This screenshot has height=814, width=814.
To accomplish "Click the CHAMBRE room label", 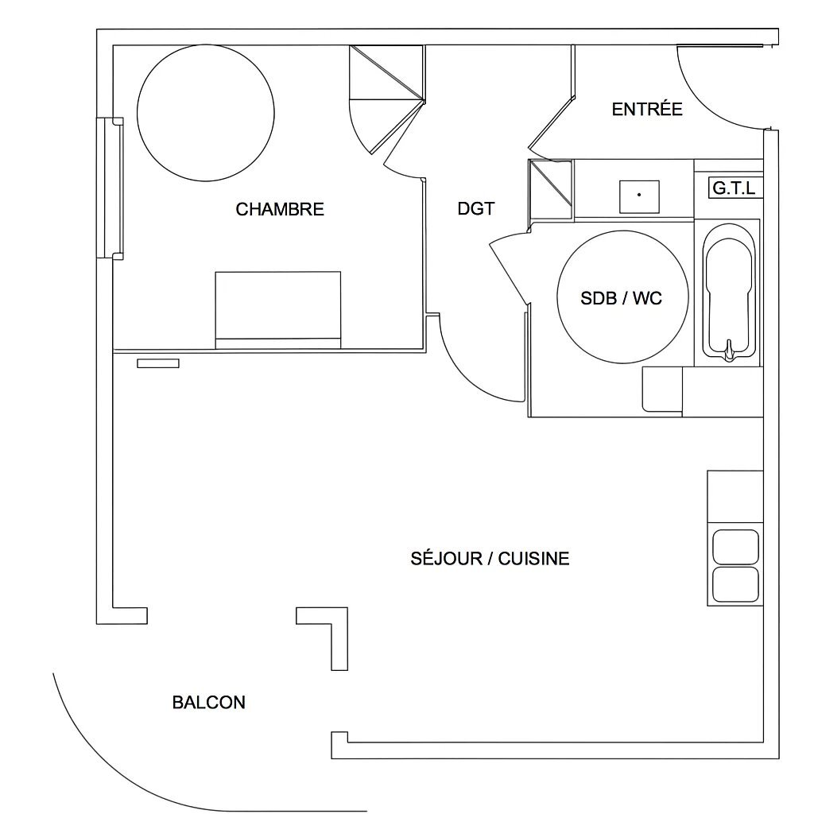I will [280, 209].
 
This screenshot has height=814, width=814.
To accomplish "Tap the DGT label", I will [476, 208].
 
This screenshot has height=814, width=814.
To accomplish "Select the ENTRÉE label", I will [647, 110].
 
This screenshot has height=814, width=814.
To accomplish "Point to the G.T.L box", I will [734, 188].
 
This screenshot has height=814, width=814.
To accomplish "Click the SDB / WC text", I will [621, 298].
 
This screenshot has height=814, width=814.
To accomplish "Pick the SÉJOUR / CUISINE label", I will [490, 558].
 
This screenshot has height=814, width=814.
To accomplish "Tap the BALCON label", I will [208, 702].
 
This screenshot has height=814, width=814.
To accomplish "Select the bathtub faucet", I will [727, 350].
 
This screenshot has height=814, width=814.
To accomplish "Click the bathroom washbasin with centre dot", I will [639, 196].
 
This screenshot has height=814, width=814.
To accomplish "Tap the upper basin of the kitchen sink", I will [735, 547].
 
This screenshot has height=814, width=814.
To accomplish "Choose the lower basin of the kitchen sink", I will [735, 584].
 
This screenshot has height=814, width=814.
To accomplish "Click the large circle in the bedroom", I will [206, 113].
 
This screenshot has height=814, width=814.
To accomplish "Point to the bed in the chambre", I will [277, 309].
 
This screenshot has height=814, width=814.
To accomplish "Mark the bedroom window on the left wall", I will [110, 188].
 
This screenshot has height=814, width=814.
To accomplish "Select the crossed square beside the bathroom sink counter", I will [550, 188].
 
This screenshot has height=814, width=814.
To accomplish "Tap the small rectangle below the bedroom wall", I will [157, 363].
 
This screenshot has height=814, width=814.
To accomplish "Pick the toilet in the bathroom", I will [662, 390].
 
